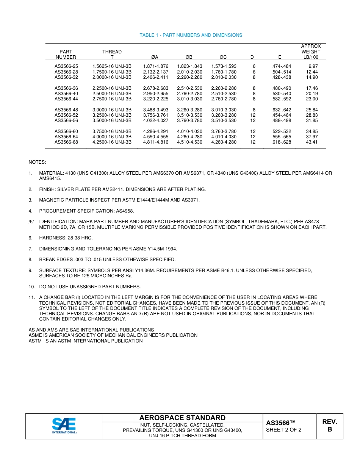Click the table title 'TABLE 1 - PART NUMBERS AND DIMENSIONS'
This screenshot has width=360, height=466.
(191, 35)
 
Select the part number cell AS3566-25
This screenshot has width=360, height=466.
(66, 66)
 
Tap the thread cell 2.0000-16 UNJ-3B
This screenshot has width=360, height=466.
(112, 77)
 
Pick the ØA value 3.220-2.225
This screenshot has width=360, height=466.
(155, 99)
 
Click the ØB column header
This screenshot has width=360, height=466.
(189, 57)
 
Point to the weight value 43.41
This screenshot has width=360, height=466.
(312, 142)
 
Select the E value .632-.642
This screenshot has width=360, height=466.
(281, 110)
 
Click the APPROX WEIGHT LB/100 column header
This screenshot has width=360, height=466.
(311, 52)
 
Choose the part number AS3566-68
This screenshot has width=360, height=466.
(66, 142)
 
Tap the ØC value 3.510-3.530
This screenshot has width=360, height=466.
(224, 120)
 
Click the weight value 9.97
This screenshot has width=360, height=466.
(313, 66)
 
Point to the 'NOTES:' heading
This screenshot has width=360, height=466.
(37, 162)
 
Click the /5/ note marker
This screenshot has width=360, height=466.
(31, 221)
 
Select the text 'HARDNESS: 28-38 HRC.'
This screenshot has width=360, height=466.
(66, 238)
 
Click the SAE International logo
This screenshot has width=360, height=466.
(64, 426)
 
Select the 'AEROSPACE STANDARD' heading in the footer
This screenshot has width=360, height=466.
(182, 418)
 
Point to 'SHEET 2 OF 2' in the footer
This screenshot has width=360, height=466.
(284, 430)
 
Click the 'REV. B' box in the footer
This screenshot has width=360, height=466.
(329, 426)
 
